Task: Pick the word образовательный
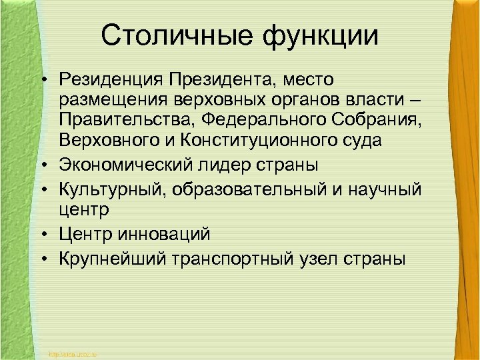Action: click(251, 189)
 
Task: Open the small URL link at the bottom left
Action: click(73, 353)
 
